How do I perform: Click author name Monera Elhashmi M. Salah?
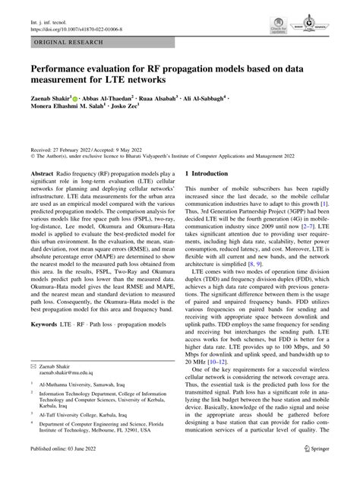(66, 109)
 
